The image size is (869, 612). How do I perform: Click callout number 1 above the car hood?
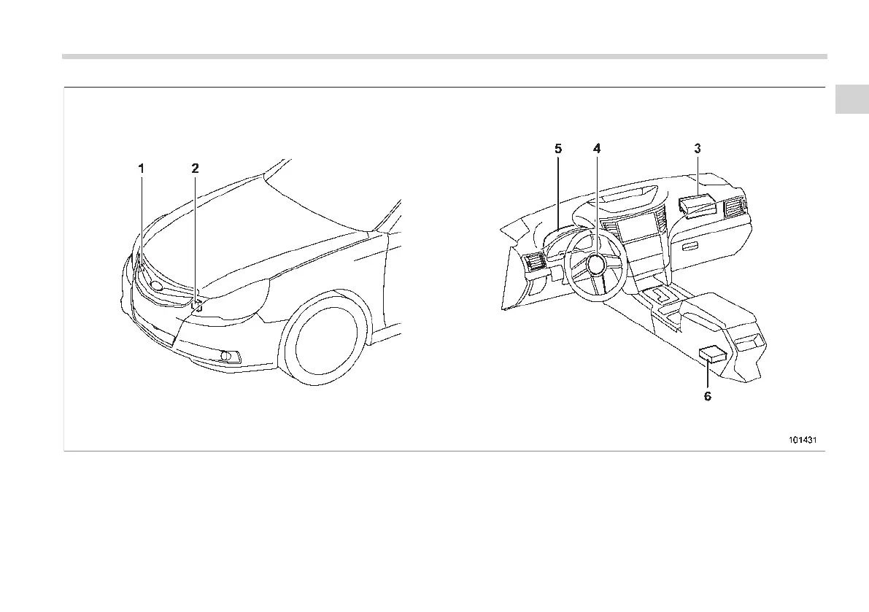pyautogui.click(x=142, y=168)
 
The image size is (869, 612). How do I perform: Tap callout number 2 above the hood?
pyautogui.click(x=195, y=168)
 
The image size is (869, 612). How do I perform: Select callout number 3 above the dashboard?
pyautogui.click(x=698, y=148)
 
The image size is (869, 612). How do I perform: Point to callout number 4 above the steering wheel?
pyautogui.click(x=597, y=148)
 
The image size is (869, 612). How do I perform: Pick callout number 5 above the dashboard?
pyautogui.click(x=558, y=148)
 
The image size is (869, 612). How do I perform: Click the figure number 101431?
pyautogui.click(x=802, y=440)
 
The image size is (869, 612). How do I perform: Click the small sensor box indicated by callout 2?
pyautogui.click(x=196, y=305)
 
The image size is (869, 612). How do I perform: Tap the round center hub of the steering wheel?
pyautogui.click(x=597, y=263)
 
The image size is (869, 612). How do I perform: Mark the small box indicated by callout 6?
pyautogui.click(x=711, y=355)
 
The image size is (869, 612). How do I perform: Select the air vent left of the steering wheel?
pyautogui.click(x=533, y=263)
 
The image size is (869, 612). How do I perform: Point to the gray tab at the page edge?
pyautogui.click(x=851, y=100)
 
